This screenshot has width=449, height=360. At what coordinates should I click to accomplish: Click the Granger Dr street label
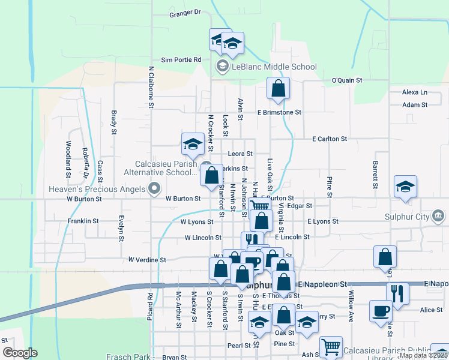pyautogui.click(x=185, y=13)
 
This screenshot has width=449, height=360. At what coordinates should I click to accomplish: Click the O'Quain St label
pyautogui.click(x=348, y=80)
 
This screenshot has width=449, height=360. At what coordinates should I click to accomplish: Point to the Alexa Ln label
pyautogui.click(x=415, y=92)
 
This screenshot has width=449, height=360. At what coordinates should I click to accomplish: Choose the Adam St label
pyautogui.click(x=415, y=104)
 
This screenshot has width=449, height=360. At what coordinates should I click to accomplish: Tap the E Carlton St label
pyautogui.click(x=330, y=139)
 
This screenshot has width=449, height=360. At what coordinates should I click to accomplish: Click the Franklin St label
pyautogui.click(x=83, y=221)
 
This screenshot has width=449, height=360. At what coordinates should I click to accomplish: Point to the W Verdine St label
pyautogui.click(x=147, y=260)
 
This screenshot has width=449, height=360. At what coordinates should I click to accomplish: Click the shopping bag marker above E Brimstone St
pyautogui.click(x=278, y=89)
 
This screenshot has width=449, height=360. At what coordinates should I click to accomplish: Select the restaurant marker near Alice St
pyautogui.click(x=397, y=293)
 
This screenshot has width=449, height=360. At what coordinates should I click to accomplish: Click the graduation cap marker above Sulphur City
pyautogui.click(x=405, y=187)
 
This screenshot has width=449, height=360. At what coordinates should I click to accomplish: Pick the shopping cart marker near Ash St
pyautogui.click(x=331, y=347)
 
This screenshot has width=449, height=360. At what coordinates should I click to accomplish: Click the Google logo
pyautogui.click(x=19, y=353)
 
